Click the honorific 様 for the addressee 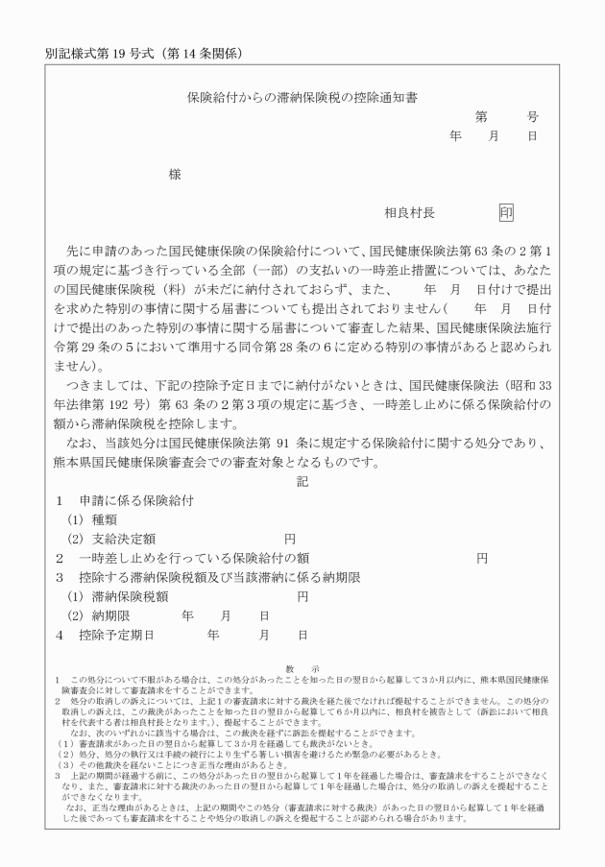[175, 175]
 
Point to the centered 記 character [302, 481]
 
